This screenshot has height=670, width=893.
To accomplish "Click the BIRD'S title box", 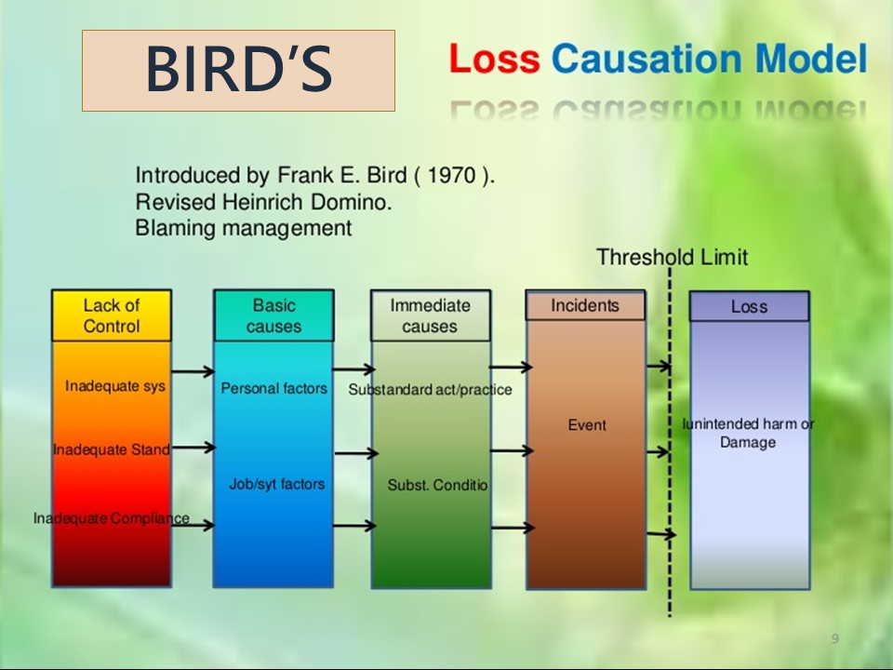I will click(x=238, y=71).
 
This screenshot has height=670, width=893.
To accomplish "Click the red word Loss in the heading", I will click(x=494, y=60).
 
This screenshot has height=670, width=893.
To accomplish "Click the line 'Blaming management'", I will click(x=244, y=227).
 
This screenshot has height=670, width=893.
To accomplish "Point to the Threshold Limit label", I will click(x=672, y=257).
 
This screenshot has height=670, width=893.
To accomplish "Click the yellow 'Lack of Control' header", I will click(x=112, y=315).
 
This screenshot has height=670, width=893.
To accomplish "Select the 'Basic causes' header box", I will click(x=273, y=315).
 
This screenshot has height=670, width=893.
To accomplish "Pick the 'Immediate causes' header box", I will click(x=430, y=315).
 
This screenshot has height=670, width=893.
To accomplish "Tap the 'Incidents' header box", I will click(x=585, y=305).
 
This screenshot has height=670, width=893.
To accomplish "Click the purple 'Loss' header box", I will click(x=749, y=306).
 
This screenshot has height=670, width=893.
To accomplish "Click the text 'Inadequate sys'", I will click(x=115, y=385).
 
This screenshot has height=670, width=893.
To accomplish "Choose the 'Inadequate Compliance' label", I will click(x=112, y=518).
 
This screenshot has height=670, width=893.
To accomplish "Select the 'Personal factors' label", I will click(x=273, y=388).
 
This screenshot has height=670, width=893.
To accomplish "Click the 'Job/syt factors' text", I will click(x=276, y=484).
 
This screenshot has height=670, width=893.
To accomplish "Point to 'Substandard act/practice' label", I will click(x=430, y=390).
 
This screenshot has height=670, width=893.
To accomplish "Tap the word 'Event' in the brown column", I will click(x=587, y=425).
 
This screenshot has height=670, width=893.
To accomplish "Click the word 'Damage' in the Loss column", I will click(x=748, y=443).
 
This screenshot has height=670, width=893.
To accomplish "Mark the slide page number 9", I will click(x=834, y=638).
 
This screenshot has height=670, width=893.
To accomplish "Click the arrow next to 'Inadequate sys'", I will click(x=193, y=372).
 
